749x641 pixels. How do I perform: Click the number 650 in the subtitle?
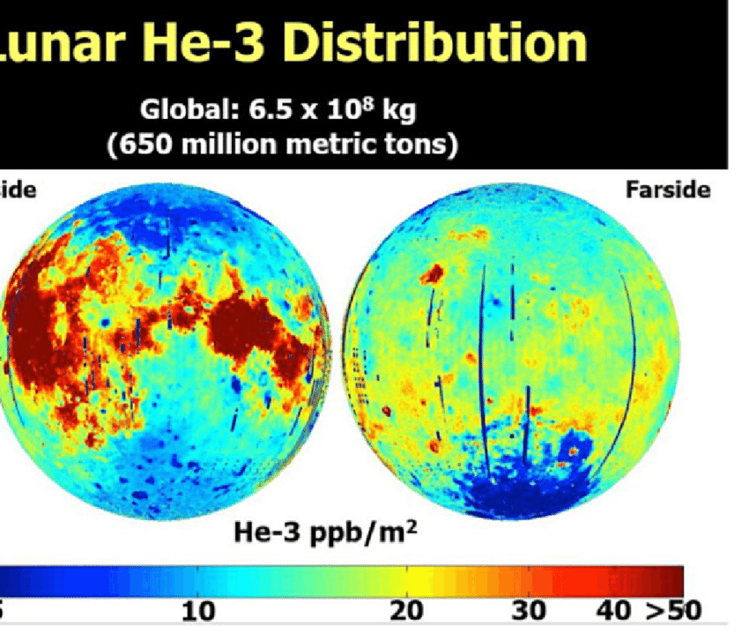point(143,142)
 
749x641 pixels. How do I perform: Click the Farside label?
point(668,190)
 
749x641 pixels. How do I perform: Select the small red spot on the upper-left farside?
point(432,275)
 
